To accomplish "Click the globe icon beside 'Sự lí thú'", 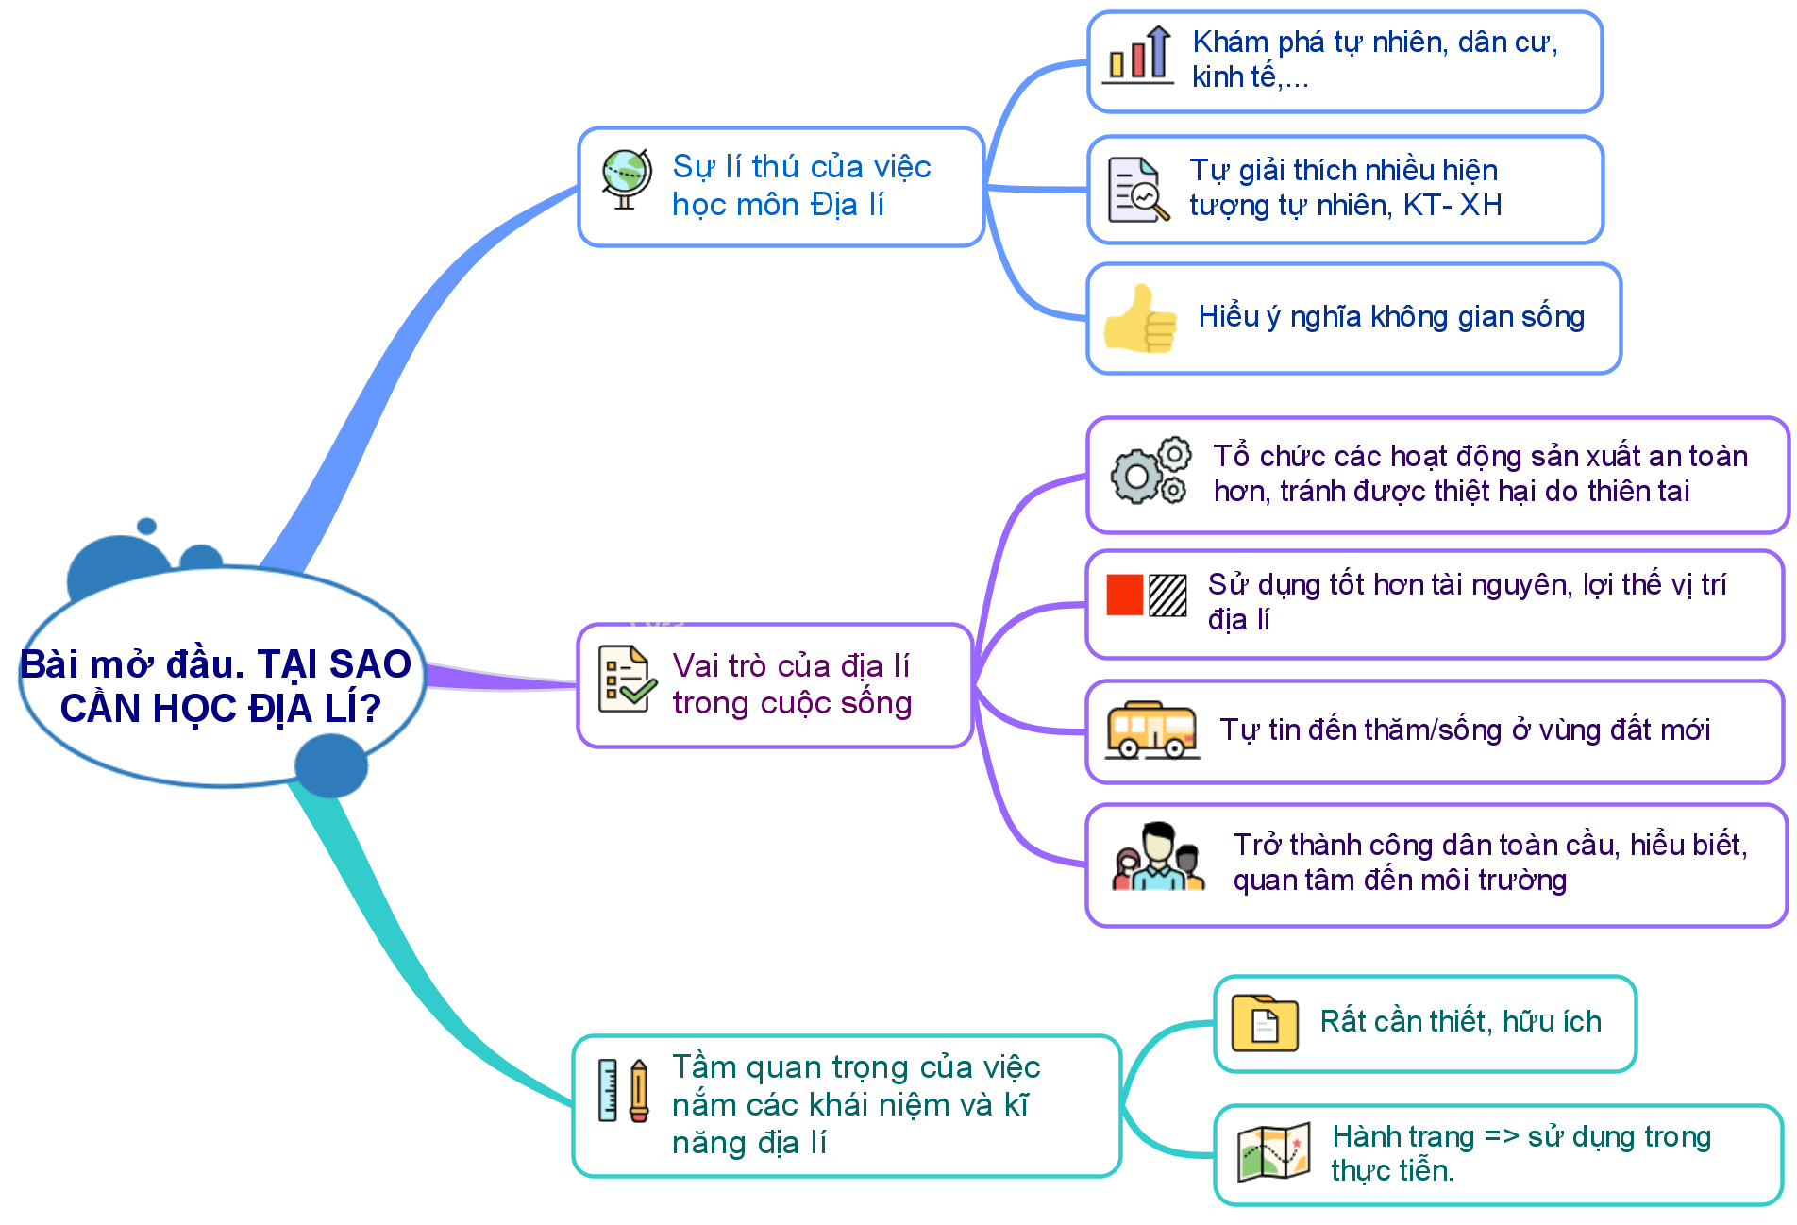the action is (627, 179).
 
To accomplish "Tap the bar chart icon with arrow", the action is (1138, 56).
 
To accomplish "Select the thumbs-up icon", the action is (1140, 319).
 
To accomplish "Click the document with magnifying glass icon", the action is (1138, 191).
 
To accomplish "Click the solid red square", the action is (1125, 596).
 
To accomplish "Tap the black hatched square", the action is (1167, 596).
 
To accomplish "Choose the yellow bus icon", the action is (1152, 730).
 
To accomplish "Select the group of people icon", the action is (1158, 857).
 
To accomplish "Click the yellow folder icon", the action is (1265, 1022).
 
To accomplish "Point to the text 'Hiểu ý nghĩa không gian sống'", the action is (1391, 317).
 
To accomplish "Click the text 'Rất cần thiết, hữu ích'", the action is (1460, 1021).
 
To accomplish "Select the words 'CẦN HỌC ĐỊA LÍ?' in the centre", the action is (221, 708).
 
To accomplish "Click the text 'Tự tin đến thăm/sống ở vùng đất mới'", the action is (1464, 730).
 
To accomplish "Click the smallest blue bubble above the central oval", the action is (146, 526).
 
